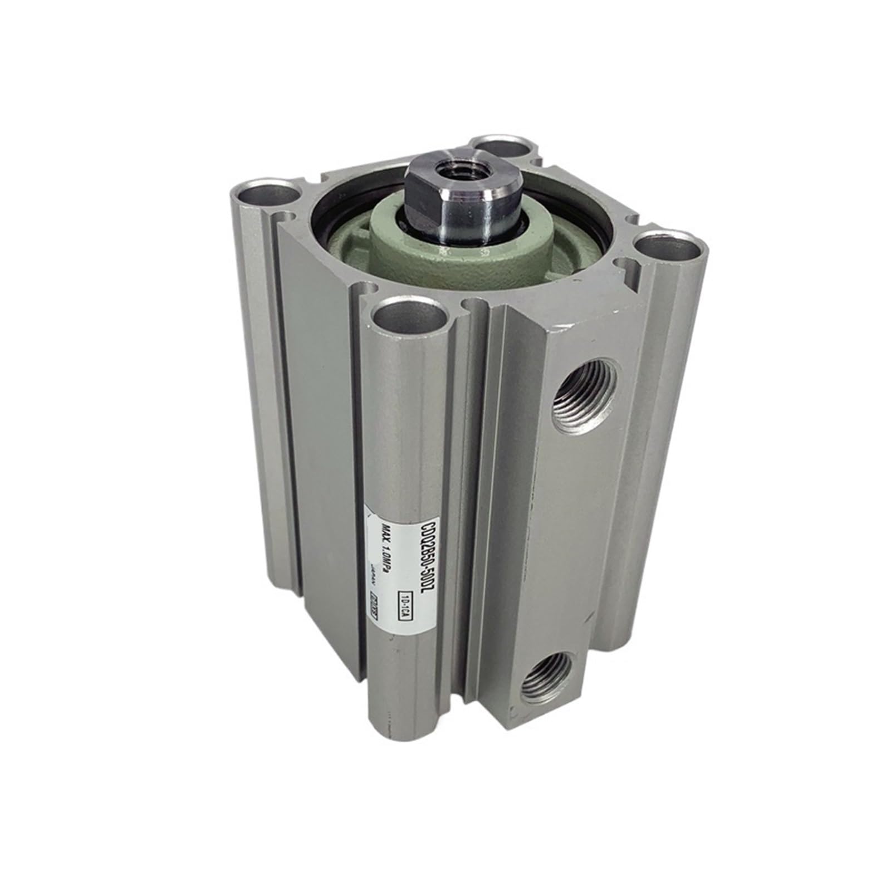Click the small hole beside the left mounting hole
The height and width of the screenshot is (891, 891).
[289, 214]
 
